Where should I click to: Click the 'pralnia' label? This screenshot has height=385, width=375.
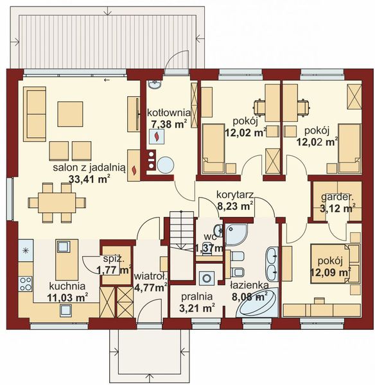click(197, 297)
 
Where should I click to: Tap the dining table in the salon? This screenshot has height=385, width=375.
click(57, 201)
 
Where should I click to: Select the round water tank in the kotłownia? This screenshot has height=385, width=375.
click(165, 165)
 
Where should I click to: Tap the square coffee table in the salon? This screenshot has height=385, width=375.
click(70, 114)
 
